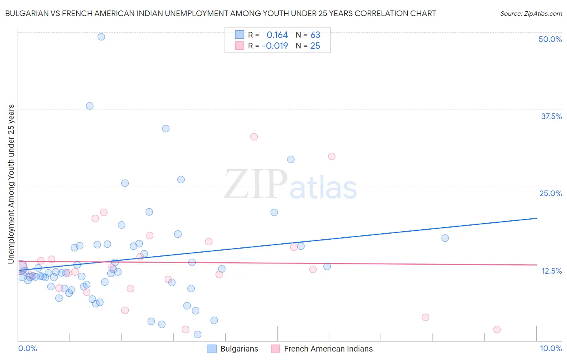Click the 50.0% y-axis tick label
(550, 39)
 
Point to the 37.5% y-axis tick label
(551, 116)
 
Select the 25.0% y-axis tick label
(550, 193)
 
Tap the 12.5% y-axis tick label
(551, 271)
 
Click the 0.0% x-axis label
(27, 348)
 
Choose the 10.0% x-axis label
(550, 348)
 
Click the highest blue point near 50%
(101, 37)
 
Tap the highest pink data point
(254, 137)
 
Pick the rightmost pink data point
(497, 329)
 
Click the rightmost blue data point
(445, 238)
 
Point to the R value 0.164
(277, 35)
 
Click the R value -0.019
(275, 46)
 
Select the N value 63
(315, 35)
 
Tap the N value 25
(315, 46)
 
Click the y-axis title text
(11, 184)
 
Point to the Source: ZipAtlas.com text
(531, 13)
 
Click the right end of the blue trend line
(536, 218)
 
